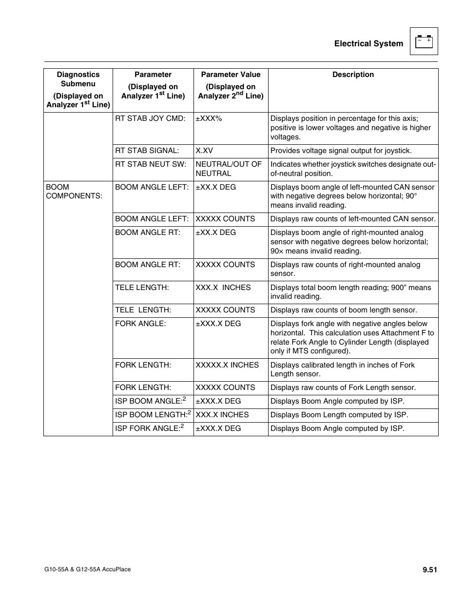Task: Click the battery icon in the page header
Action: (x=424, y=41)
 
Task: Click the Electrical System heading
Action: (x=368, y=44)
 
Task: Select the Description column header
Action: (x=353, y=75)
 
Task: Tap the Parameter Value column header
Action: (x=231, y=85)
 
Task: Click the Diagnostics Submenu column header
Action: (x=78, y=89)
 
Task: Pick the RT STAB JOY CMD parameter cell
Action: (x=150, y=118)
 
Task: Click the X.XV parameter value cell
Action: (x=204, y=151)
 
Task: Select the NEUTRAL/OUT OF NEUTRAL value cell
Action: (x=229, y=169)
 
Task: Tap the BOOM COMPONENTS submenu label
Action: (x=74, y=191)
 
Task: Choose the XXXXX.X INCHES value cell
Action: (x=227, y=365)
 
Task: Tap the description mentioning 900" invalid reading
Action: (x=350, y=292)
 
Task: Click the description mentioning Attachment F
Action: (x=352, y=337)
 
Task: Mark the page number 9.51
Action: (x=429, y=569)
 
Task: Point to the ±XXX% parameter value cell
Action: (x=209, y=118)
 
